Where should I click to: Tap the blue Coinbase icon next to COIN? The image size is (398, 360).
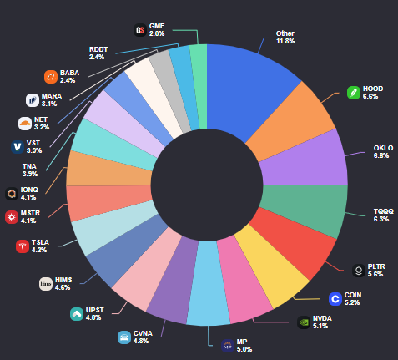point(335,298)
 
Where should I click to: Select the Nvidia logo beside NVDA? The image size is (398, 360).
point(304,322)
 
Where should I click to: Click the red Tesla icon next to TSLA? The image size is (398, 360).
point(23,246)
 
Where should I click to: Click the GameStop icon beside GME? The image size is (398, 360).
point(140,30)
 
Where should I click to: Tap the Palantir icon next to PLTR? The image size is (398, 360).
point(359,270)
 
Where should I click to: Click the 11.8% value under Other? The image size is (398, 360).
point(285,41)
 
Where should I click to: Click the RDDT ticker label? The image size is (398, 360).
point(97,48)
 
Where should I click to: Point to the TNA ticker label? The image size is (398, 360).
point(29,166)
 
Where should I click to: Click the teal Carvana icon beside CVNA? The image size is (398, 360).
point(123,337)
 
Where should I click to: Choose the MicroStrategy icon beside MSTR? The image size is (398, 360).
point(12,217)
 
